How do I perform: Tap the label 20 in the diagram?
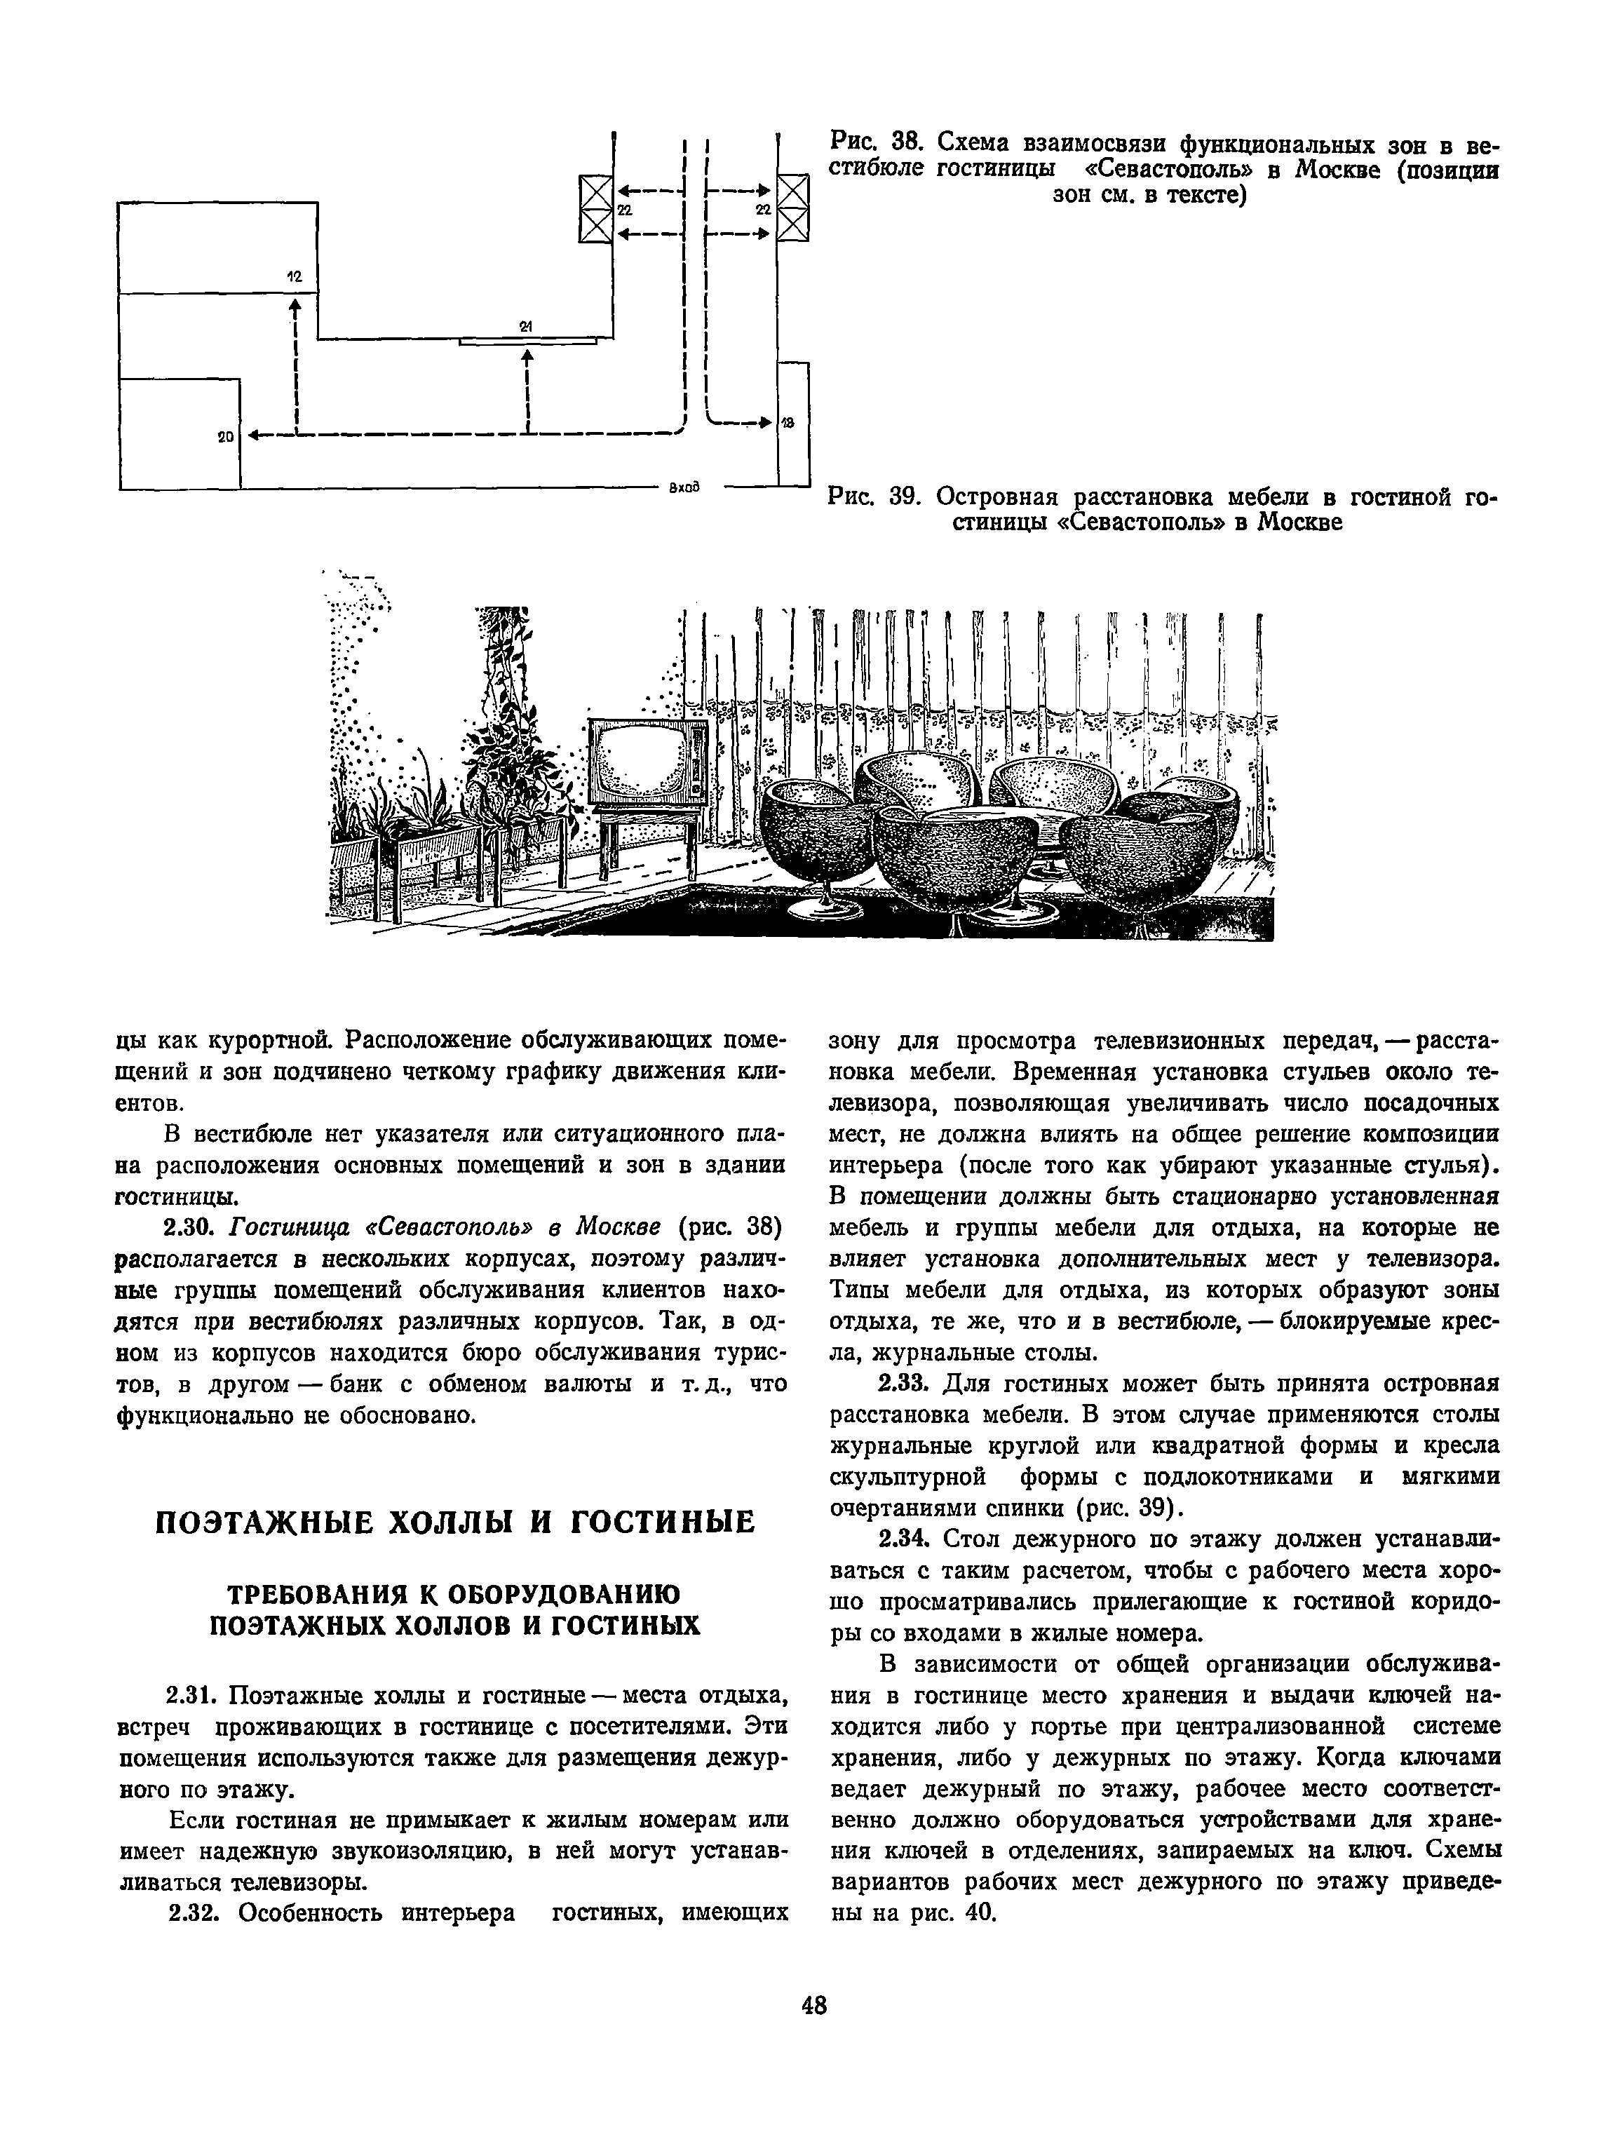pos(225,438)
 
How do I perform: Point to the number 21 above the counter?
pos(526,326)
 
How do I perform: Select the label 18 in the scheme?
pos(788,422)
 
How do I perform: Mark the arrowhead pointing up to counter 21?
pos(527,356)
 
